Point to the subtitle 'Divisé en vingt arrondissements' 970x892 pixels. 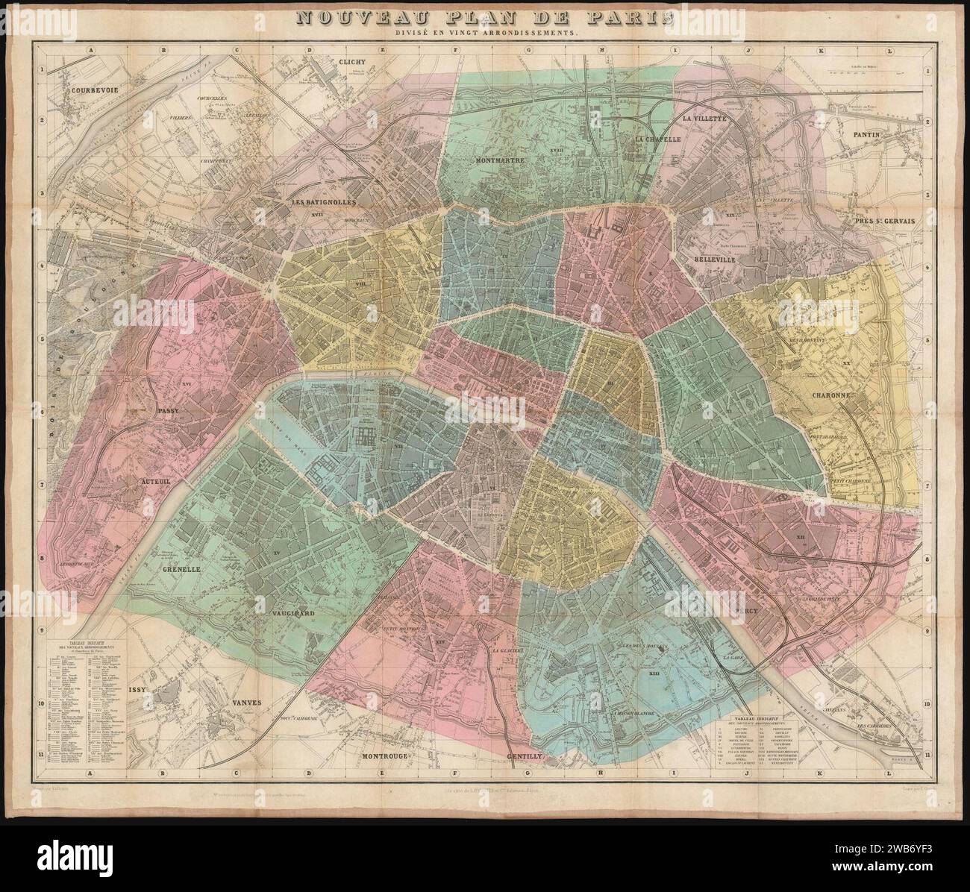pyautogui.click(x=484, y=33)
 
